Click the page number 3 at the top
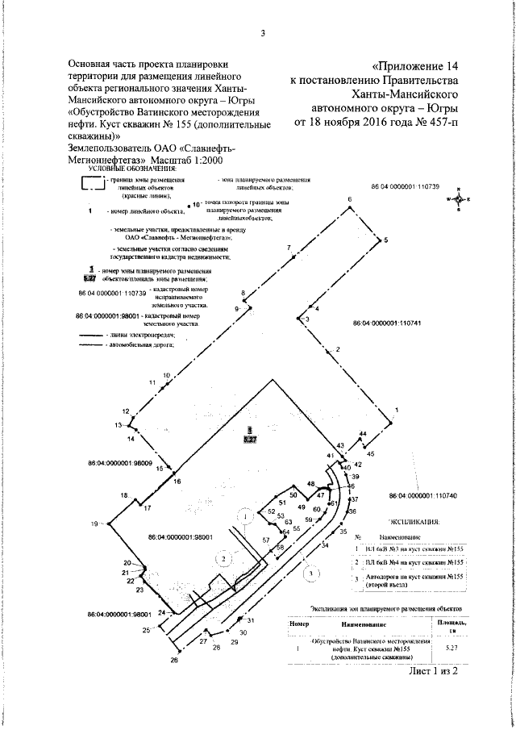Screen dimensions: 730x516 point(263,33)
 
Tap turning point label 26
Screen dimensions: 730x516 point(173,660)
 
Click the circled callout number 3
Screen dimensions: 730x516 point(309,573)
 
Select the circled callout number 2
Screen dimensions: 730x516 point(218,557)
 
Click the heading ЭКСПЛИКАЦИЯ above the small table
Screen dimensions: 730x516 point(414,522)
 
